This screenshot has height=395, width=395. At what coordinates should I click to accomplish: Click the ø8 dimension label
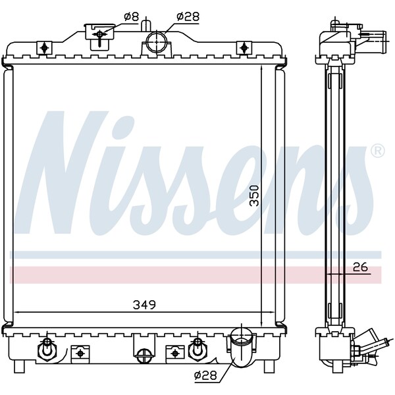131,16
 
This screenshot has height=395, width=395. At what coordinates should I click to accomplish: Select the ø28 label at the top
188,16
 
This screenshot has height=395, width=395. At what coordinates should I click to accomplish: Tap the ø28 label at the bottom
205,376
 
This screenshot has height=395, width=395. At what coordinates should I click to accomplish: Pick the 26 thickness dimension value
359,267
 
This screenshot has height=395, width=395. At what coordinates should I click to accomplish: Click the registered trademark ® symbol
377,151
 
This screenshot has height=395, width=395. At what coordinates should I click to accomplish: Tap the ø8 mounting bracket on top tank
98,34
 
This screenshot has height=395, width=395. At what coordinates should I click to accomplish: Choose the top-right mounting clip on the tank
245,47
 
